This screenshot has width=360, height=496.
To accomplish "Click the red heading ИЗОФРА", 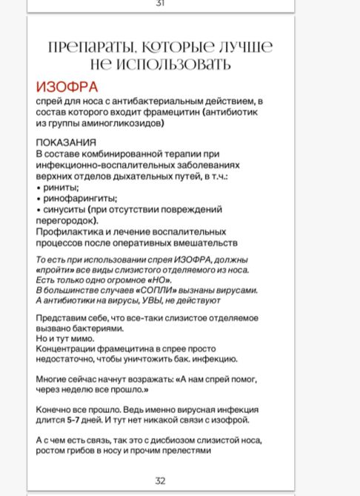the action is [x=67, y=87].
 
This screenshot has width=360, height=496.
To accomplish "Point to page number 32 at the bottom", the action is [x=160, y=480].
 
